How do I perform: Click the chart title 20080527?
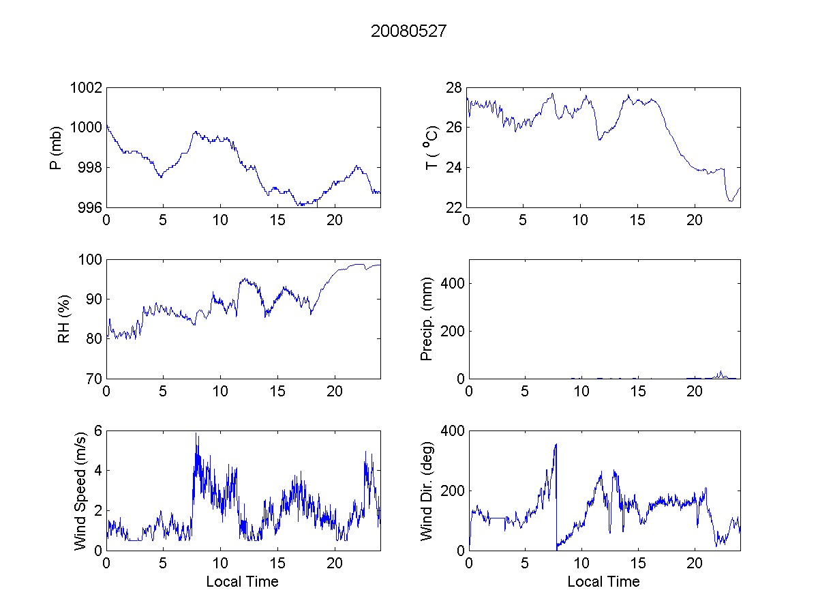coord(409,32)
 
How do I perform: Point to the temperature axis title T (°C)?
coord(430,147)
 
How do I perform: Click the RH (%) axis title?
coord(64,319)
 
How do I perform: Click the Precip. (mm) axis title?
coord(427,319)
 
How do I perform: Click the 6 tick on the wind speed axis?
coord(97,431)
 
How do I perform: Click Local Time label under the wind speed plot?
coord(242,582)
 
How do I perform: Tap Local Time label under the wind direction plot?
coord(603,582)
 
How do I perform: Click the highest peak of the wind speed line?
coord(196,434)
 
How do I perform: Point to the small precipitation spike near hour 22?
coord(721,372)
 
